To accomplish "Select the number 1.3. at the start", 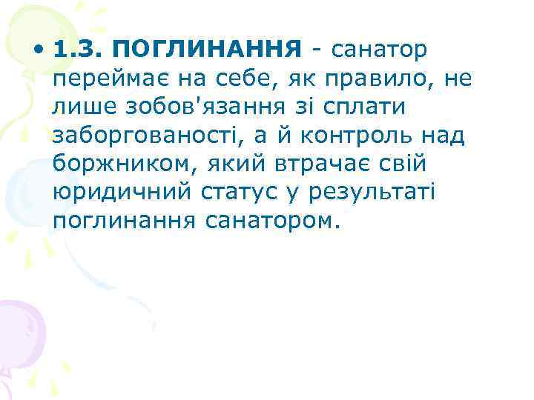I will pos(81,50).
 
